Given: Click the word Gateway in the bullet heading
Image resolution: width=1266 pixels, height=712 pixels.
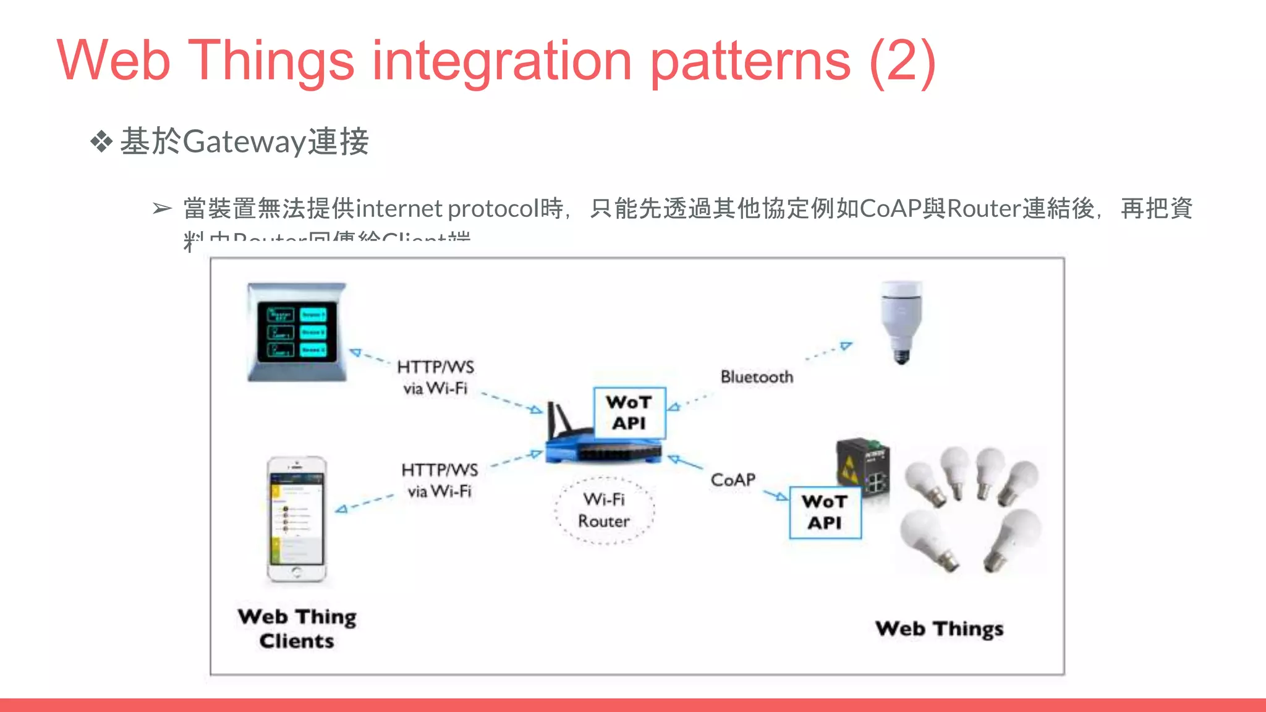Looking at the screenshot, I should pyautogui.click(x=245, y=142).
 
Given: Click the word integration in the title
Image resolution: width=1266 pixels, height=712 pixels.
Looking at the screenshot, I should pyautogui.click(x=501, y=61).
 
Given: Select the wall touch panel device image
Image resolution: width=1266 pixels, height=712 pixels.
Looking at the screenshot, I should pyautogui.click(x=297, y=333).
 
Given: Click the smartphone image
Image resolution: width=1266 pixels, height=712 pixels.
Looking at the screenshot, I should pyautogui.click(x=297, y=519).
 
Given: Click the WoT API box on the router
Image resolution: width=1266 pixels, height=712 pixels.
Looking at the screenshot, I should pyautogui.click(x=629, y=413).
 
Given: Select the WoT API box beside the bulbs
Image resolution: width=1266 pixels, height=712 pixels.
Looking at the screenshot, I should pyautogui.click(x=825, y=512).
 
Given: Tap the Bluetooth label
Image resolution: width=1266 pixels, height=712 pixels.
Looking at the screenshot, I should pyautogui.click(x=757, y=377).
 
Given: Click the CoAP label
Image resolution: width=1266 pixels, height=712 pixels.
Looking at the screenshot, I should pyautogui.click(x=733, y=480).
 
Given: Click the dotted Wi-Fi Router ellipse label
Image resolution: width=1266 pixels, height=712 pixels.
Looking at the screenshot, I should pyautogui.click(x=604, y=511).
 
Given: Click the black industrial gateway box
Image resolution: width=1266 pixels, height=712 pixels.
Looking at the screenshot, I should pyautogui.click(x=863, y=468).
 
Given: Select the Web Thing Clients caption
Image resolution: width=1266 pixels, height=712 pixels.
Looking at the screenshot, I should pyautogui.click(x=297, y=629).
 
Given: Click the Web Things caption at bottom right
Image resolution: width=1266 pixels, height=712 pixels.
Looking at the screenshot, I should pyautogui.click(x=939, y=629).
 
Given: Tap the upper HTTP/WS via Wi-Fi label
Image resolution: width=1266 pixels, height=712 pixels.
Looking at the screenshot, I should pyautogui.click(x=435, y=378).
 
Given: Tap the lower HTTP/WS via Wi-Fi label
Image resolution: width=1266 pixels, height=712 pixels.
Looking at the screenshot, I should pyautogui.click(x=440, y=481).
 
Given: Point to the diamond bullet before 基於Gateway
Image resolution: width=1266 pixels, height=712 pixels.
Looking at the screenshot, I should pyautogui.click(x=101, y=142).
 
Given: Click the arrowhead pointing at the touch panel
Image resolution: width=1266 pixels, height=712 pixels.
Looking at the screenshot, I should pyautogui.click(x=355, y=353).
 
